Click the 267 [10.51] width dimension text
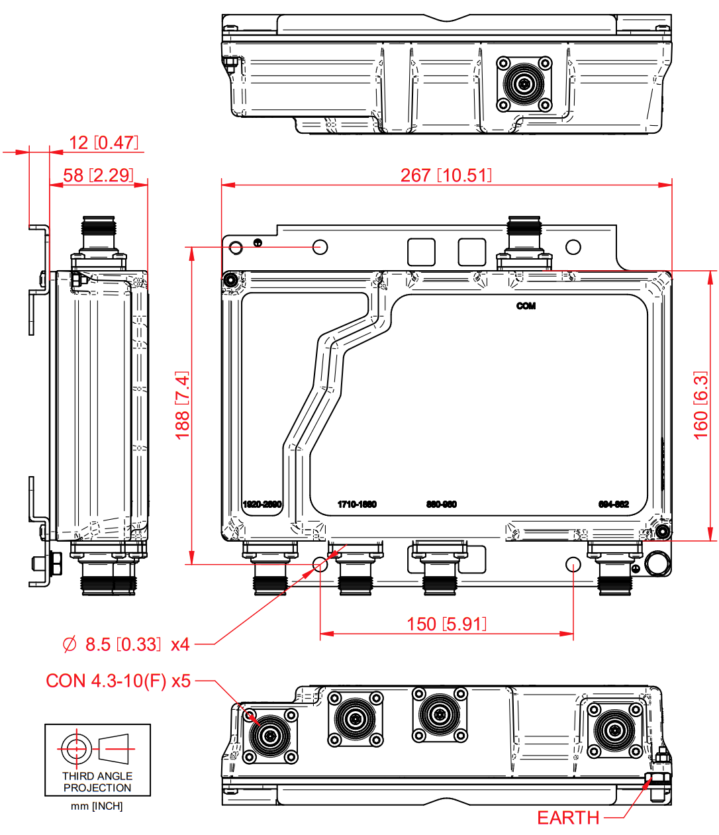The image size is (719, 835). [446, 175]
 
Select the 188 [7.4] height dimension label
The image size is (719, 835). [183, 405]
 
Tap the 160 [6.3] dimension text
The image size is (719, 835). [700, 405]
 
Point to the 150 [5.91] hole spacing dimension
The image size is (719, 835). [446, 624]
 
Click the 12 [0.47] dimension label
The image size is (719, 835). [103, 143]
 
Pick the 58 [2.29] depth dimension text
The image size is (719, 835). [98, 175]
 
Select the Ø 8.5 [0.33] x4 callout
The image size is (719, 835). [126, 644]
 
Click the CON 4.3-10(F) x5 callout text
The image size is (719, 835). [119, 681]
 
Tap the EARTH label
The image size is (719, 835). [568, 818]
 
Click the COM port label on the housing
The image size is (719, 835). [526, 306]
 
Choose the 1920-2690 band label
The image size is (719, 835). [262, 505]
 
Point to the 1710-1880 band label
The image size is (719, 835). [357, 505]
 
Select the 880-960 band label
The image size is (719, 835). [442, 505]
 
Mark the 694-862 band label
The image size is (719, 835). [613, 505]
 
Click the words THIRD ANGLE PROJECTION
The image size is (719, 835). [97, 782]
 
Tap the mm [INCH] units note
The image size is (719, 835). [97, 807]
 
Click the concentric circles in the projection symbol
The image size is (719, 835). [75, 749]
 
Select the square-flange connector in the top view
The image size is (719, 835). [525, 84]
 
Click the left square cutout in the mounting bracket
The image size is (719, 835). [421, 252]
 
